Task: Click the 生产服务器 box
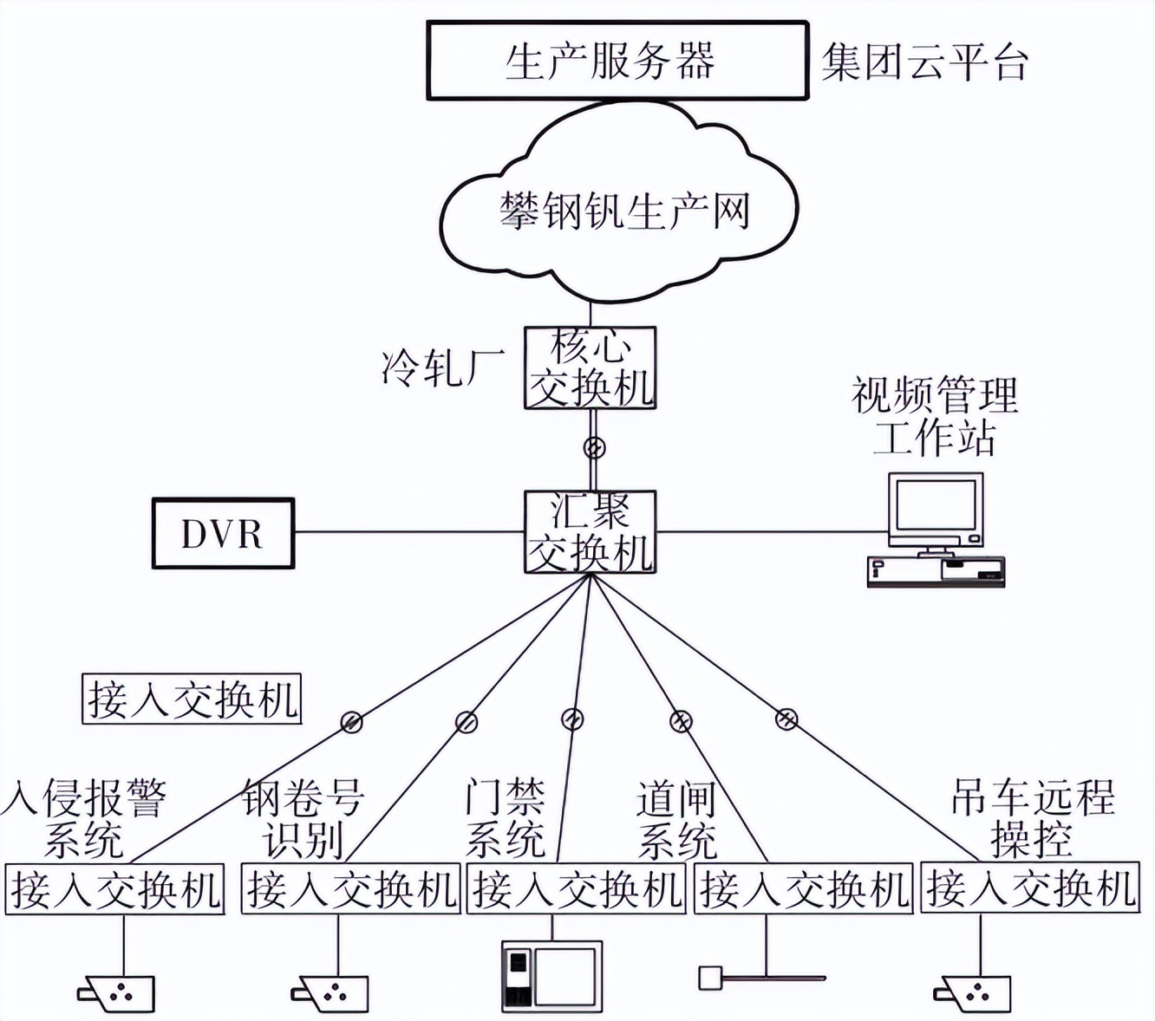(617, 62)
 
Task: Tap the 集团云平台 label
(924, 62)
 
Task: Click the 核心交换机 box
(590, 367)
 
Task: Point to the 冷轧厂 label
(443, 367)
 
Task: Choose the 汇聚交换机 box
(590, 532)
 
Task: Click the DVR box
(223, 533)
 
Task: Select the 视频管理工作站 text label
(935, 416)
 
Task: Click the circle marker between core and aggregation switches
(594, 448)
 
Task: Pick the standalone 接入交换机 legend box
(192, 699)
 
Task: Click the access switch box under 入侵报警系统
(115, 888)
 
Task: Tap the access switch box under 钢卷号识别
(351, 888)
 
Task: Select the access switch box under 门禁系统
(577, 888)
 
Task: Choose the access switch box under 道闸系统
(804, 888)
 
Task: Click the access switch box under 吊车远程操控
(1029, 888)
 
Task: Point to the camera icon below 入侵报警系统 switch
(118, 993)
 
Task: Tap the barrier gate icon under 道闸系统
(761, 979)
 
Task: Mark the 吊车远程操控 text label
(1032, 818)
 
